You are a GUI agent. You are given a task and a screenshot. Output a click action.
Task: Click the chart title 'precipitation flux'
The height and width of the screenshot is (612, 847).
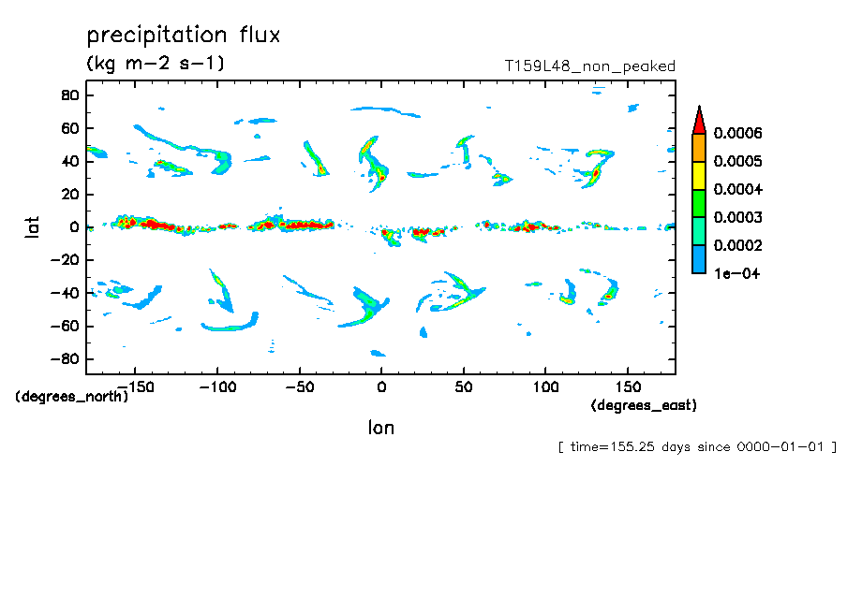pos(184,36)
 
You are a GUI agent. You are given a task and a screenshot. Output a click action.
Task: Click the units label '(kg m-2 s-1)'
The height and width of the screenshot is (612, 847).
pos(155,65)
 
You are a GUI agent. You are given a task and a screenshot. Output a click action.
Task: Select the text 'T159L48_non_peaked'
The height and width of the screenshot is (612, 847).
pos(589,66)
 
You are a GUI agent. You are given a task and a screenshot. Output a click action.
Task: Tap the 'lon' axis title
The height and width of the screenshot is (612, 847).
pos(380,428)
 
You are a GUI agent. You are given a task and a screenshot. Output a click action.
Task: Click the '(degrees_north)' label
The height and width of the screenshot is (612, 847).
pos(71,396)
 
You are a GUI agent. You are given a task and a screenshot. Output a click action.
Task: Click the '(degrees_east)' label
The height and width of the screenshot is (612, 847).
pos(644,405)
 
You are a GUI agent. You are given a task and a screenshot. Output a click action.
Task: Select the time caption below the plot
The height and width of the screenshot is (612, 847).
pos(697,447)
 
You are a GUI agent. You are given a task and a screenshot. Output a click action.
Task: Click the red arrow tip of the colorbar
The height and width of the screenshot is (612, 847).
pos(698,119)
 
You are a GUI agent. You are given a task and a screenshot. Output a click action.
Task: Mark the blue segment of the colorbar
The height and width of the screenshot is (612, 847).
pos(698,259)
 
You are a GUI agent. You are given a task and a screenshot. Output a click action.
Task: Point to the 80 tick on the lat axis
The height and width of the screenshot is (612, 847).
pos(68,95)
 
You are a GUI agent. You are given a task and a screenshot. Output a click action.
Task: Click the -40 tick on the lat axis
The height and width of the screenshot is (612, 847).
pos(63,293)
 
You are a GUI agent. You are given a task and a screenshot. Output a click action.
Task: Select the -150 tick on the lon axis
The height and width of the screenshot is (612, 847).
pos(137,386)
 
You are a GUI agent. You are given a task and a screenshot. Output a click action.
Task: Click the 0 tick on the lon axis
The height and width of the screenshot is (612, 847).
pos(380,386)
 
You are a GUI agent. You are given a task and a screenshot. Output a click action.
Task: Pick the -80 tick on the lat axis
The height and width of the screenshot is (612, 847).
pos(63,359)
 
